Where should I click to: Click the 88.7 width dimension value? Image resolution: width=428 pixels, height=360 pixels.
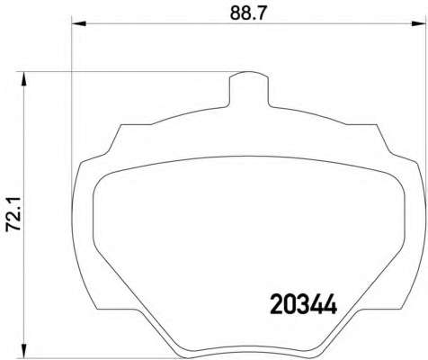(x=248, y=13)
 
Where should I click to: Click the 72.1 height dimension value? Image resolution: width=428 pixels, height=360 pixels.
(x=13, y=213)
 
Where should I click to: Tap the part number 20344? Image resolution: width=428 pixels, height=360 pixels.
(x=304, y=304)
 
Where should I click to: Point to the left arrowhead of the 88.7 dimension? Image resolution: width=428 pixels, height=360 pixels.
(x=79, y=23)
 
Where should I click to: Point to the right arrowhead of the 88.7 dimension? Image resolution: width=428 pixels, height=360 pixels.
(x=418, y=23)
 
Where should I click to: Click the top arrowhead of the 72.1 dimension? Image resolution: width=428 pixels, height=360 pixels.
(x=23, y=79)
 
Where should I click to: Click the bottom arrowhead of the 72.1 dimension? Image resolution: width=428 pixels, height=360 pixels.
(x=23, y=350)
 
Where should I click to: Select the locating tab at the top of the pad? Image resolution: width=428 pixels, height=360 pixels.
(x=248, y=89)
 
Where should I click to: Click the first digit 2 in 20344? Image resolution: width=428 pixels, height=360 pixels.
(x=277, y=304)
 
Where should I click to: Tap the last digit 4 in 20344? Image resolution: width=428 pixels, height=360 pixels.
(x=331, y=304)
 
